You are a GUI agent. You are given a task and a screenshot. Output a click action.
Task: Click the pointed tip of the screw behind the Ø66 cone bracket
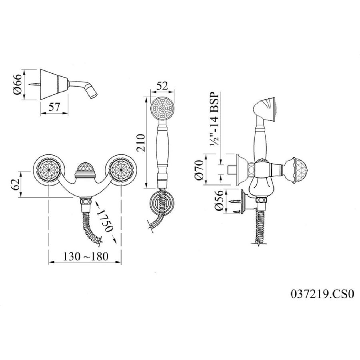point(29,84)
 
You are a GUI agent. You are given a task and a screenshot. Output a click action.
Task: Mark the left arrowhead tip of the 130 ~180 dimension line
point(49,262)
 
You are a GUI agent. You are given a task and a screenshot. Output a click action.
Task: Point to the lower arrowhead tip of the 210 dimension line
point(146,188)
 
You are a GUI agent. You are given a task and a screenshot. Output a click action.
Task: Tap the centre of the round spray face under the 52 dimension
point(162,108)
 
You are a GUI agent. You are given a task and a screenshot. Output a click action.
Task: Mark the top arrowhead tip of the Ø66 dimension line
point(24,70)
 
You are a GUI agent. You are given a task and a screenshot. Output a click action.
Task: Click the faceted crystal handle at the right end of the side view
point(297,170)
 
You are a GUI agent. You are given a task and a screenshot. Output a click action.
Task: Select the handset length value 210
point(141,143)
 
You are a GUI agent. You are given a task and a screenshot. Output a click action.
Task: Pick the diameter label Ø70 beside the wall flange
point(199,170)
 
